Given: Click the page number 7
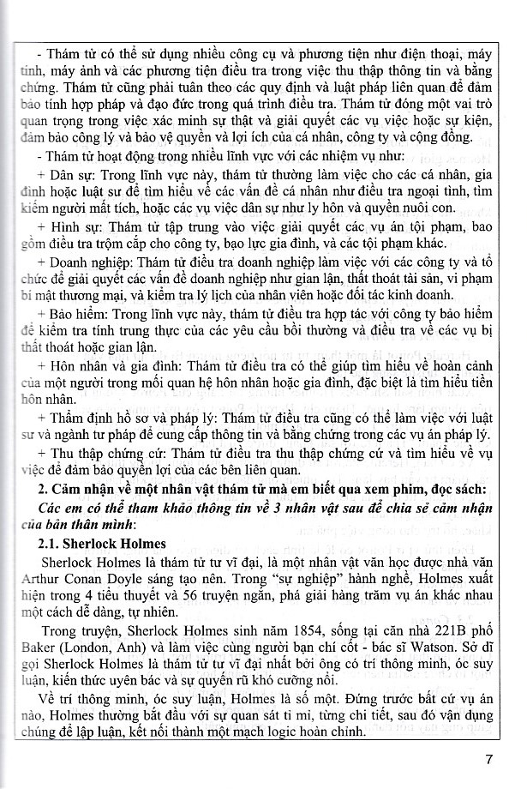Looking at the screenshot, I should point(489,759).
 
